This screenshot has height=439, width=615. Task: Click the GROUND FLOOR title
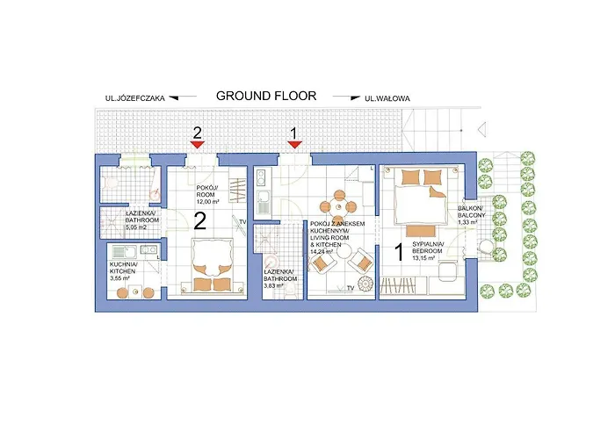pos(266,96)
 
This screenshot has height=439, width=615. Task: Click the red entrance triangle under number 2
pos(198,145)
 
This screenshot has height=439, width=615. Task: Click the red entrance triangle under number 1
pos(295,145)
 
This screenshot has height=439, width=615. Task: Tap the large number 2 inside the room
pos(200,220)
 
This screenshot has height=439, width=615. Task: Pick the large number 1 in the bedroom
pos(398,253)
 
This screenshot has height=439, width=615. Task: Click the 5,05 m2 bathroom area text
pos(116,227)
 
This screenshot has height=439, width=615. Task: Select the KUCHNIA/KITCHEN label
pos(123,268)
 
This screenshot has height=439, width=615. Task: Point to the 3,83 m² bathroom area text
pos(279,286)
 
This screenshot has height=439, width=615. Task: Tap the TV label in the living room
pos(350,288)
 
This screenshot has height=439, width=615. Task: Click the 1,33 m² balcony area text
pos(467,223)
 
